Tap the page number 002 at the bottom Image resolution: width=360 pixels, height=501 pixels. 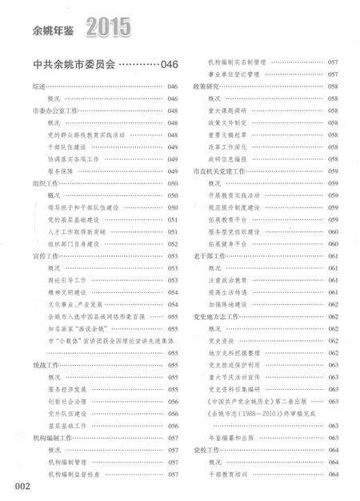pyautogui.click(x=18, y=484)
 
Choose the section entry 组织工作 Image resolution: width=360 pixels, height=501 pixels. pyautogui.click(x=45, y=183)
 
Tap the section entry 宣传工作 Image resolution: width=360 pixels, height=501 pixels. pyautogui.click(x=45, y=256)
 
